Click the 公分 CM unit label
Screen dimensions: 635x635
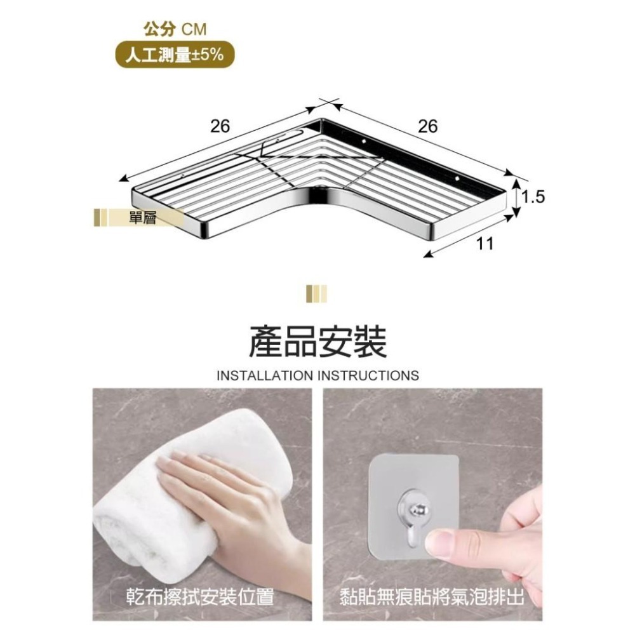click(x=175, y=29)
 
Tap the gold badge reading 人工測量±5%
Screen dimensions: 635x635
click(x=175, y=55)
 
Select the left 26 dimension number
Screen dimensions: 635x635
click(x=220, y=126)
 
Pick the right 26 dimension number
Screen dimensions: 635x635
click(x=428, y=126)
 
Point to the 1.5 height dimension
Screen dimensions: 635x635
click(x=533, y=197)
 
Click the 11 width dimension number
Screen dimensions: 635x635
click(x=486, y=243)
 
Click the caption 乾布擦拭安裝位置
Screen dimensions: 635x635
click(x=199, y=597)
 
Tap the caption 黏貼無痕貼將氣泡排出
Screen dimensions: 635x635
click(x=432, y=597)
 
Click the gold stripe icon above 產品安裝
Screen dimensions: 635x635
click(x=316, y=294)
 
